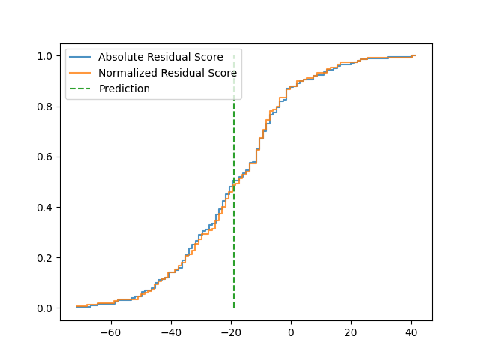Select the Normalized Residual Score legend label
(x=167, y=73)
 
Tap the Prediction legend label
(x=124, y=88)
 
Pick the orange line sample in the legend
(x=81, y=73)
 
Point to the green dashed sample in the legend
(x=81, y=88)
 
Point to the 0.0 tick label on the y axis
(x=46, y=308)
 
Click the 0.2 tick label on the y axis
(x=46, y=258)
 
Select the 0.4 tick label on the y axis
(x=46, y=208)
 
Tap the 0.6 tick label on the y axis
(x=46, y=157)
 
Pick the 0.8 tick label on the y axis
(x=46, y=107)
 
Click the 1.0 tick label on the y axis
(x=46, y=57)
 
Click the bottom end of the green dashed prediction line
(x=234, y=307)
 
